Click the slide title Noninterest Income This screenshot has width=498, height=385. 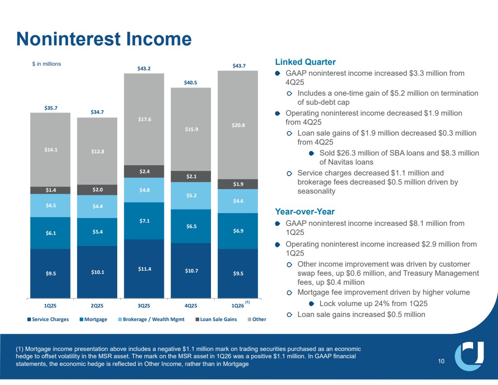click(x=104, y=39)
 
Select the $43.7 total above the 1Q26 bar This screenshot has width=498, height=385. click(x=239, y=66)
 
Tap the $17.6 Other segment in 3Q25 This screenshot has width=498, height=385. click(x=144, y=119)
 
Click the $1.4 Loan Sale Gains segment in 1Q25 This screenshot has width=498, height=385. click(x=51, y=190)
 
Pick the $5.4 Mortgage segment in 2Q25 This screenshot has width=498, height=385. click(x=97, y=232)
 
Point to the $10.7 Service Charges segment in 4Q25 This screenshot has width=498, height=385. click(x=191, y=271)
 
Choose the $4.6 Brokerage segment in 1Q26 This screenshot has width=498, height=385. click(x=238, y=201)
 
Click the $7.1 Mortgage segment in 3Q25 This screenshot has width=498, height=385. click(x=144, y=221)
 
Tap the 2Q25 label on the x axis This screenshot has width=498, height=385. click(x=97, y=306)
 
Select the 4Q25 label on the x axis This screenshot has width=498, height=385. click(x=191, y=306)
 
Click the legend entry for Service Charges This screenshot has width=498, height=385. click(x=48, y=319)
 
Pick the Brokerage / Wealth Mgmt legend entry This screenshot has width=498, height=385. click(x=151, y=319)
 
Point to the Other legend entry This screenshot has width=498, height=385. click(x=257, y=319)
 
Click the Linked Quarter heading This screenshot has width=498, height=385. click(x=305, y=62)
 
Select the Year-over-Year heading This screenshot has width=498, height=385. click(x=305, y=212)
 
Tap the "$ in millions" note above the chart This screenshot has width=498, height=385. click(x=46, y=64)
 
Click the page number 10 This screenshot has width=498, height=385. click(x=441, y=361)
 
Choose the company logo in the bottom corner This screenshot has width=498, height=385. click(x=469, y=356)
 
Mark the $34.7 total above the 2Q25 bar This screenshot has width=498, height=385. click(x=97, y=112)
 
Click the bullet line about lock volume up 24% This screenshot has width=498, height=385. click(x=373, y=303)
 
